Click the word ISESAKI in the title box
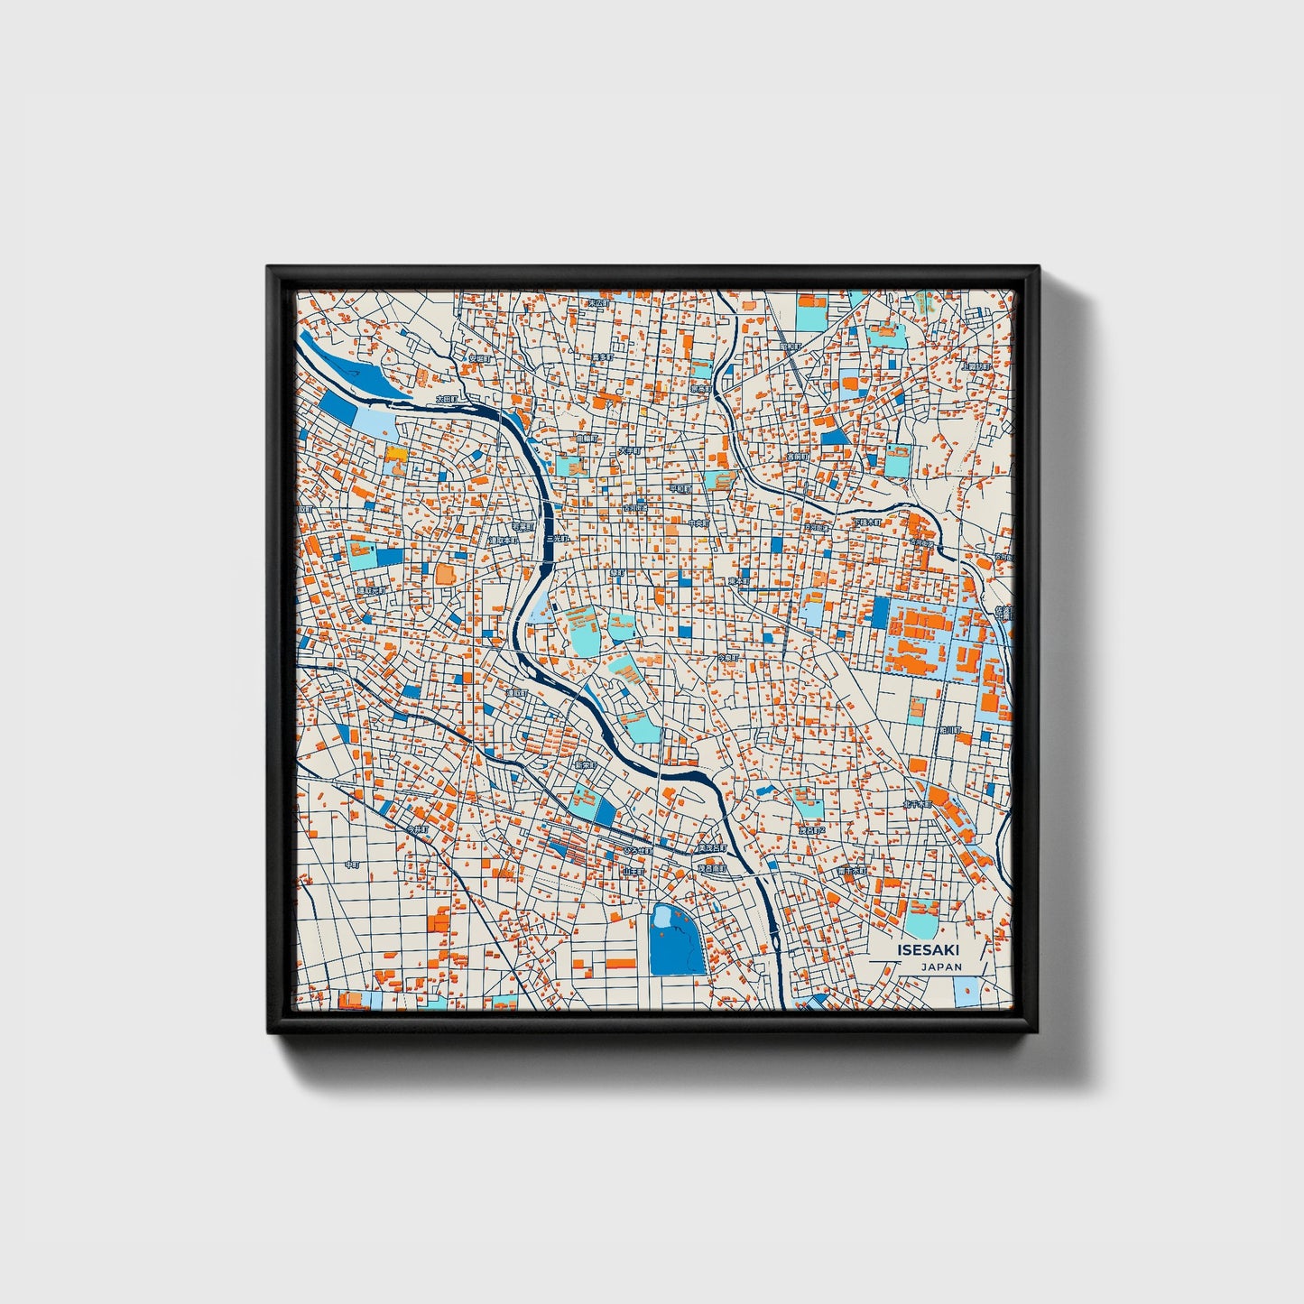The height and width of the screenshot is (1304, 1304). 929,949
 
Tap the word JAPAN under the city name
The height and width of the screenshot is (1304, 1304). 941,966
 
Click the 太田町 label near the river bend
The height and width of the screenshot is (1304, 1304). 448,398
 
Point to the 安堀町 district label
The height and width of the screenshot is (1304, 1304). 479,358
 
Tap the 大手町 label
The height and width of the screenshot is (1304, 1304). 629,449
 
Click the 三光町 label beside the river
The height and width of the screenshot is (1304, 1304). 559,538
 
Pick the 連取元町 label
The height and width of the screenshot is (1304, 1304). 370,591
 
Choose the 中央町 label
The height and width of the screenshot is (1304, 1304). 698,523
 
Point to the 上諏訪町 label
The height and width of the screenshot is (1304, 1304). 976,366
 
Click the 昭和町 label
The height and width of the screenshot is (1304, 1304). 791,347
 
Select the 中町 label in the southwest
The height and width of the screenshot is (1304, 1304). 352,865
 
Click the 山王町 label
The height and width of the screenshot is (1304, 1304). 634,872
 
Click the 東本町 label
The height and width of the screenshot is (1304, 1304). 739,581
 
